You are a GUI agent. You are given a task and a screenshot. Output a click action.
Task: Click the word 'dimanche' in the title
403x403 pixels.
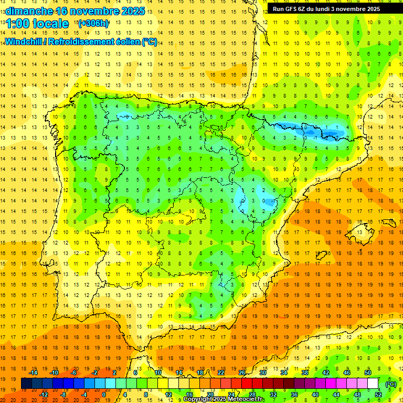coord(29,10)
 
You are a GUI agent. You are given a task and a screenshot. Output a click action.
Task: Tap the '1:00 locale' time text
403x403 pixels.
coord(37,24)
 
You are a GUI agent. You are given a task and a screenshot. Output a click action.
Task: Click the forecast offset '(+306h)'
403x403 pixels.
coord(93,24)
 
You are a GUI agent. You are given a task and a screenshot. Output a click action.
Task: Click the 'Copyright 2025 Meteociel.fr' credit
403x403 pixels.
coord(224,399)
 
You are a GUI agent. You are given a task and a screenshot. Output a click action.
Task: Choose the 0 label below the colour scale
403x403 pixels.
coord(104,395)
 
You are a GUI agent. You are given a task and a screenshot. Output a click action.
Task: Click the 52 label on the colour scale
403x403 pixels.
coord(378,395)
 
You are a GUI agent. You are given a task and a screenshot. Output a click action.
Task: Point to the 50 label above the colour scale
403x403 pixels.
coord(368,373)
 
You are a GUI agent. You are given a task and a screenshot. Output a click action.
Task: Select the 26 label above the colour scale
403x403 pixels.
coord(242,373)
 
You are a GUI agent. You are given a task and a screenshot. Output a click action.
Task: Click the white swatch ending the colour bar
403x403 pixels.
coord(373,384)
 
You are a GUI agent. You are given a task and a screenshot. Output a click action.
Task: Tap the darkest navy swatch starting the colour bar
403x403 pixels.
coord(26,384)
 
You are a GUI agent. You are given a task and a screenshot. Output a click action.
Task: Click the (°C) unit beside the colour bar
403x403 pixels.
coord(390,384)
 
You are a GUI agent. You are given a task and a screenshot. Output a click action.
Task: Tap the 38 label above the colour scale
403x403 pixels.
coord(305,373)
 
